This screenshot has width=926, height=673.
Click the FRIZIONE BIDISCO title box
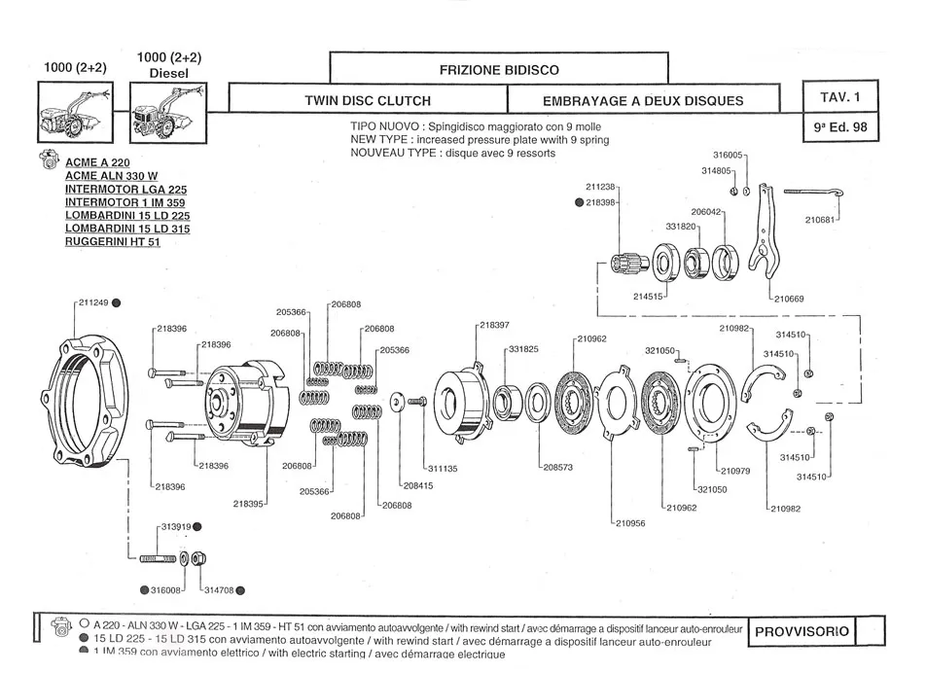click(499, 70)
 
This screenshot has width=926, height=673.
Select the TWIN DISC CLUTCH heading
click(368, 100)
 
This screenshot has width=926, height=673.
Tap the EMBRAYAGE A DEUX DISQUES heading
click(643, 100)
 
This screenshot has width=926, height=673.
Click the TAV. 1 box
click(840, 97)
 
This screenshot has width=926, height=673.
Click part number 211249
click(94, 302)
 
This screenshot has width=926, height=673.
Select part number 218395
click(249, 504)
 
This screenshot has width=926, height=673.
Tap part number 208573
click(556, 467)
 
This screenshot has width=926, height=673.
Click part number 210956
click(630, 523)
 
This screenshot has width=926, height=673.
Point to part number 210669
click(789, 299)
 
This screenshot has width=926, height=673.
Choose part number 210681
click(821, 220)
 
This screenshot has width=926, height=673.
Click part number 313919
click(173, 526)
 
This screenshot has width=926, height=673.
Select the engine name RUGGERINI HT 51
click(113, 242)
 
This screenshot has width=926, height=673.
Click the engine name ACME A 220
click(97, 161)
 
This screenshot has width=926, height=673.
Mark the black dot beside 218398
click(579, 202)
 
